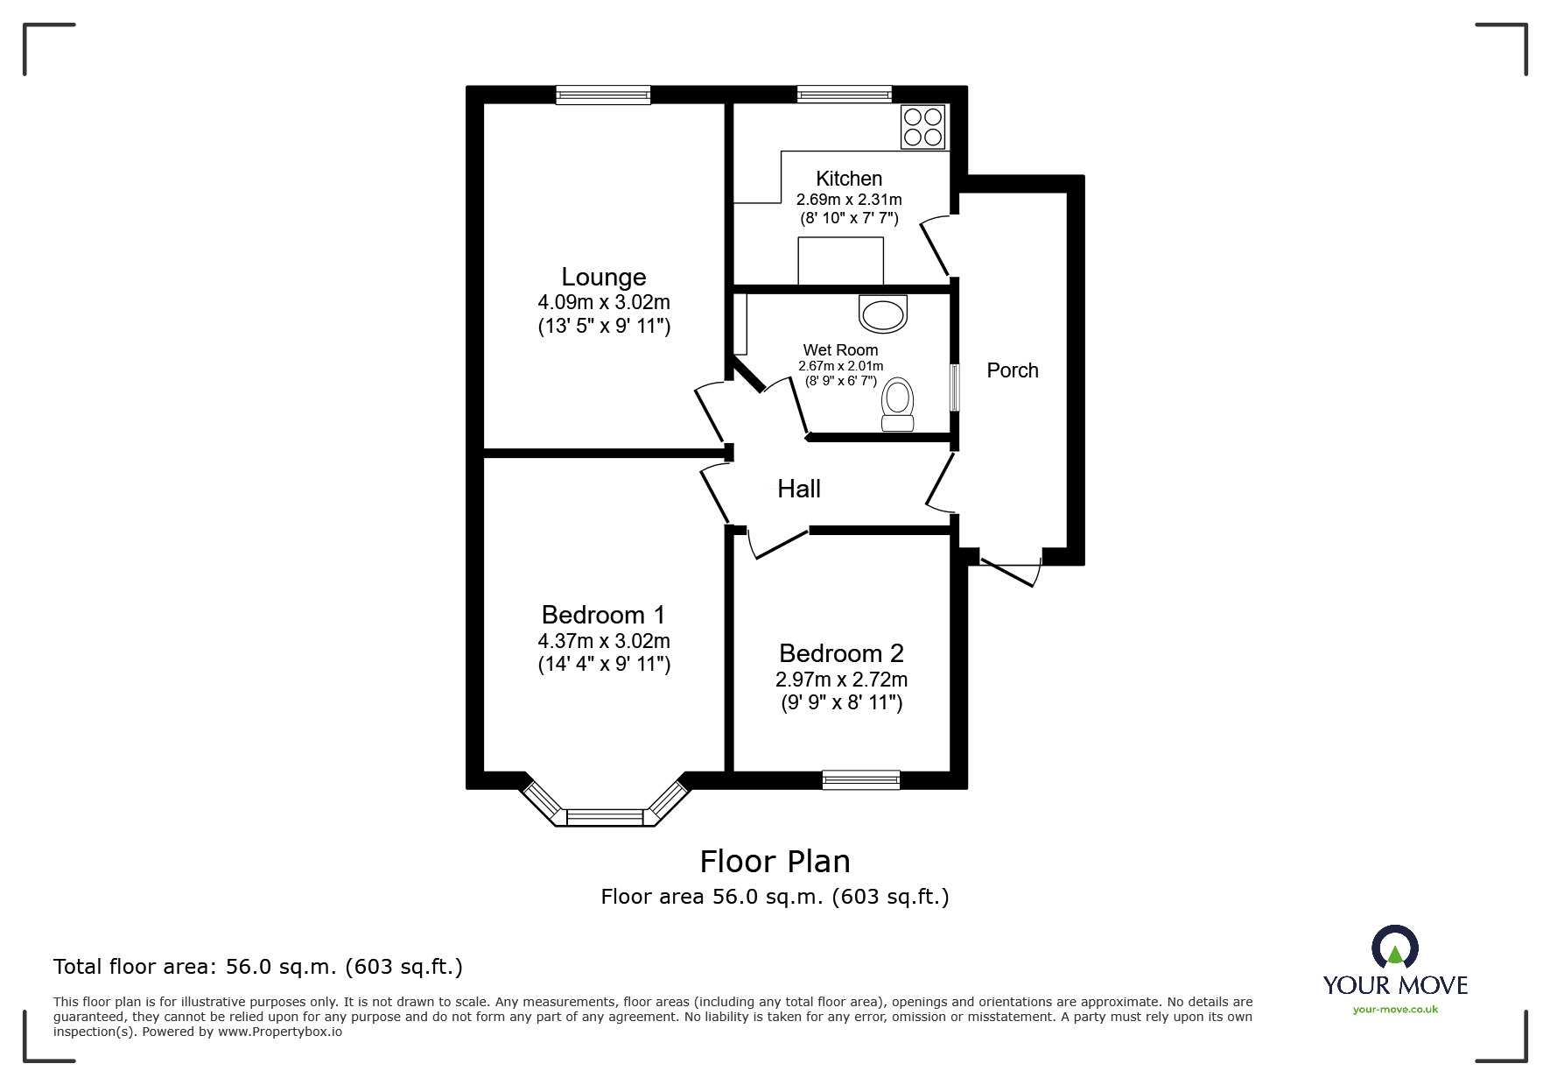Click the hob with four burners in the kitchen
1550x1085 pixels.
click(x=923, y=127)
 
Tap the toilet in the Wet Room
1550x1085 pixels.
click(x=897, y=405)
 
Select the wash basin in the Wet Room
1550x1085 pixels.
click(x=883, y=314)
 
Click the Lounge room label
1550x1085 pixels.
click(x=604, y=277)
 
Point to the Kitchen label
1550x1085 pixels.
click(x=849, y=179)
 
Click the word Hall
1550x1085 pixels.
click(x=799, y=489)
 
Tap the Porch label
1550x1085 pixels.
click(x=1013, y=370)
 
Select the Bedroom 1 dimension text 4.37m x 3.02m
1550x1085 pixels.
click(x=604, y=641)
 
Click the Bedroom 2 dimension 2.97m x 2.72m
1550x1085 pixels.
click(x=841, y=680)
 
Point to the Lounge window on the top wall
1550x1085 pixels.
click(x=603, y=95)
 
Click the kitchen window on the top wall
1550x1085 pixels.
click(x=845, y=94)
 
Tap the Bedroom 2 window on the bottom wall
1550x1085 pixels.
click(x=861, y=779)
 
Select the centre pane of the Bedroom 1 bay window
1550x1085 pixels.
click(x=606, y=817)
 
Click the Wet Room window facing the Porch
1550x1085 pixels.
click(x=955, y=387)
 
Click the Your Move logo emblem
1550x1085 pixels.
click(x=1394, y=948)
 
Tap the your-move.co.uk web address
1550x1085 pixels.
click(x=1395, y=1010)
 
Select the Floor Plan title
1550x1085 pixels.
click(x=775, y=862)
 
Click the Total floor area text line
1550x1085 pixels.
click(x=258, y=967)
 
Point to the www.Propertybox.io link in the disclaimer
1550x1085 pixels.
click(x=280, y=1032)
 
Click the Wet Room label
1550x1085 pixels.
click(x=840, y=350)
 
